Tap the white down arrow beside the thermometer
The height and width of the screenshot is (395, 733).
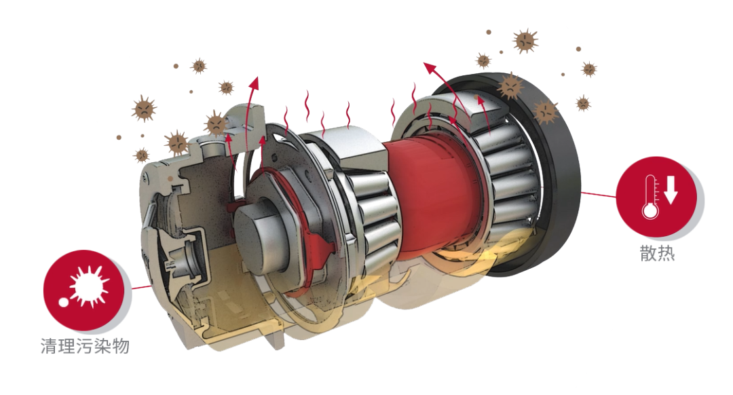[x=671, y=190]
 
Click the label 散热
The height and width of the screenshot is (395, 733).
[x=657, y=253]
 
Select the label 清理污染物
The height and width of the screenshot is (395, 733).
[x=85, y=346]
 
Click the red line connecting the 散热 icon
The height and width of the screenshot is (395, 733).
[x=599, y=194]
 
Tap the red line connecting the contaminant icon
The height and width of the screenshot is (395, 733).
[x=142, y=287]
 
